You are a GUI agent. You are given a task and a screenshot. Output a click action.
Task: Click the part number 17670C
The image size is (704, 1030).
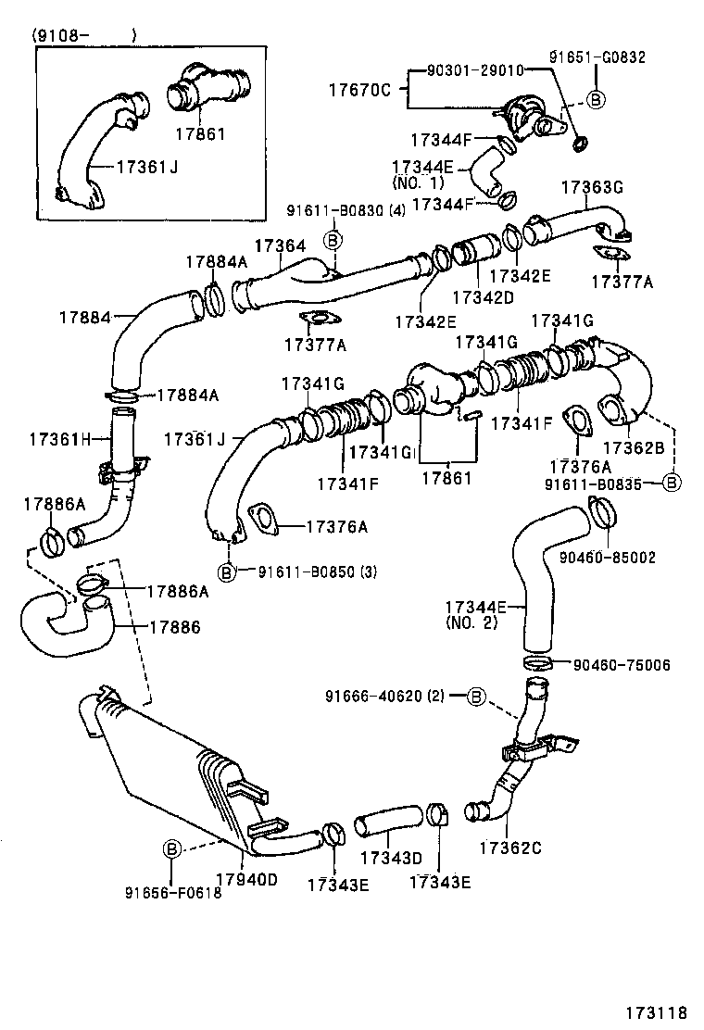[361, 90]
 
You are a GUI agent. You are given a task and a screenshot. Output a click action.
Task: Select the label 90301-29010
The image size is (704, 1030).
[475, 70]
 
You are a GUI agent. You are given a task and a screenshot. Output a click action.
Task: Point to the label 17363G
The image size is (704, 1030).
[591, 187]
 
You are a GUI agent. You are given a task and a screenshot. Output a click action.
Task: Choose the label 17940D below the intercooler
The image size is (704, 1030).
[246, 879]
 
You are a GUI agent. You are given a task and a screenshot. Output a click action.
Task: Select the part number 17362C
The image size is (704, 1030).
[509, 848]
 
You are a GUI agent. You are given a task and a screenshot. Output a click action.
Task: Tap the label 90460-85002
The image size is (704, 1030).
[608, 558]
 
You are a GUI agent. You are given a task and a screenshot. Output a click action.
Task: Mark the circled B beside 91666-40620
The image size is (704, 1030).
[474, 696]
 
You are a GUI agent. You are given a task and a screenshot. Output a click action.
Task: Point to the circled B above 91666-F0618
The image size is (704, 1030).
[172, 848]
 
